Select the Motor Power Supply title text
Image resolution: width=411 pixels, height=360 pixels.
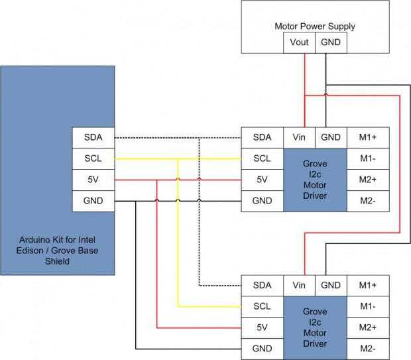pyautogui.click(x=315, y=27)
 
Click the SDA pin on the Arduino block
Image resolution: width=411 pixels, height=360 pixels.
pyautogui.click(x=93, y=137)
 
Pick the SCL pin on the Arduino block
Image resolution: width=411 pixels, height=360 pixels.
pyautogui.click(x=93, y=158)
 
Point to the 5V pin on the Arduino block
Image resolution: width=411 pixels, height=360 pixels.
pyautogui.click(x=93, y=180)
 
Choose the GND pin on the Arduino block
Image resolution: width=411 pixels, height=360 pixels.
pyautogui.click(x=93, y=201)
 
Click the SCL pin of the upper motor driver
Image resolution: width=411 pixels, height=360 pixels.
pyautogui.click(x=262, y=158)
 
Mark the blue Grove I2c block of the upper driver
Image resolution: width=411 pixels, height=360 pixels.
pyautogui.click(x=314, y=180)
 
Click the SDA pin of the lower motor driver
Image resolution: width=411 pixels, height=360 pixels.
pyautogui.click(x=262, y=285)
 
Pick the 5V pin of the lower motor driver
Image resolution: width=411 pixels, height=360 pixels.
pyautogui.click(x=262, y=328)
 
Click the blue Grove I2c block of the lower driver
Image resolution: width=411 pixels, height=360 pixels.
pyautogui.click(x=314, y=328)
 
